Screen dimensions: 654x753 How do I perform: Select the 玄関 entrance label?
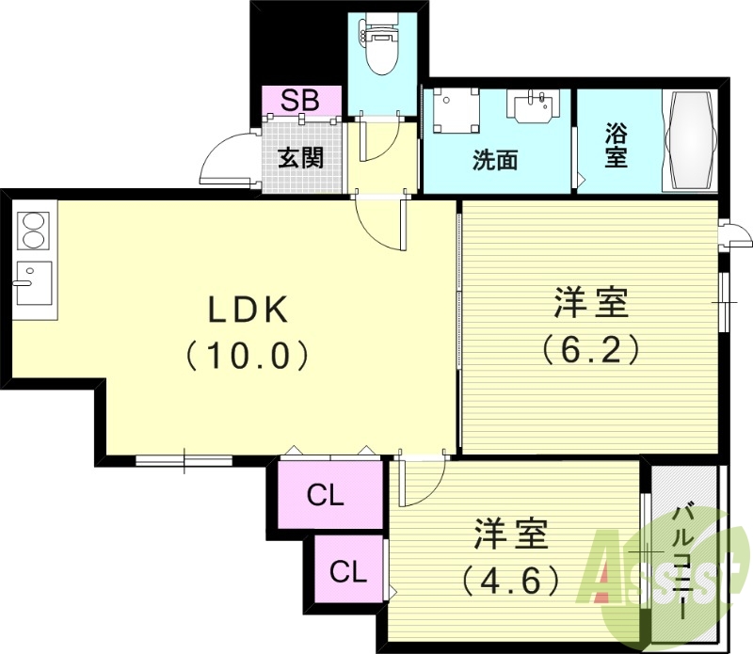300,157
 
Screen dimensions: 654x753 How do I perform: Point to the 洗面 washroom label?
495,160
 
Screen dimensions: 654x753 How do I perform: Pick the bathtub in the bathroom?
691,141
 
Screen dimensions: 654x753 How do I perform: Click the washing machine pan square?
453,110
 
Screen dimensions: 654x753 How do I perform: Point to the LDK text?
247,309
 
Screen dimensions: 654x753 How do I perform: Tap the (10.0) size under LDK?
247,355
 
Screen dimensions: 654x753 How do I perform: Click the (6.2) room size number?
590,350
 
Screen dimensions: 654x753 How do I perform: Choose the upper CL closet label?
326,496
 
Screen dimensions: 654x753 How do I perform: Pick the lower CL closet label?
347,571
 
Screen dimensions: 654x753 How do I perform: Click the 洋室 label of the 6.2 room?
590,304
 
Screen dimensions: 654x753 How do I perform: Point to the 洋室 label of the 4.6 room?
510,534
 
